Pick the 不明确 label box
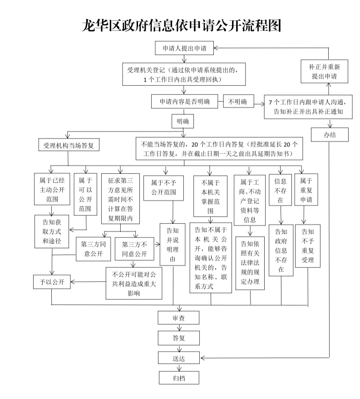tap(237, 102)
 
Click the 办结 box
tap(330, 135)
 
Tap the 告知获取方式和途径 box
tap(52, 232)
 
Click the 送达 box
tap(178, 358)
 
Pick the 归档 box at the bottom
tap(178, 377)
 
